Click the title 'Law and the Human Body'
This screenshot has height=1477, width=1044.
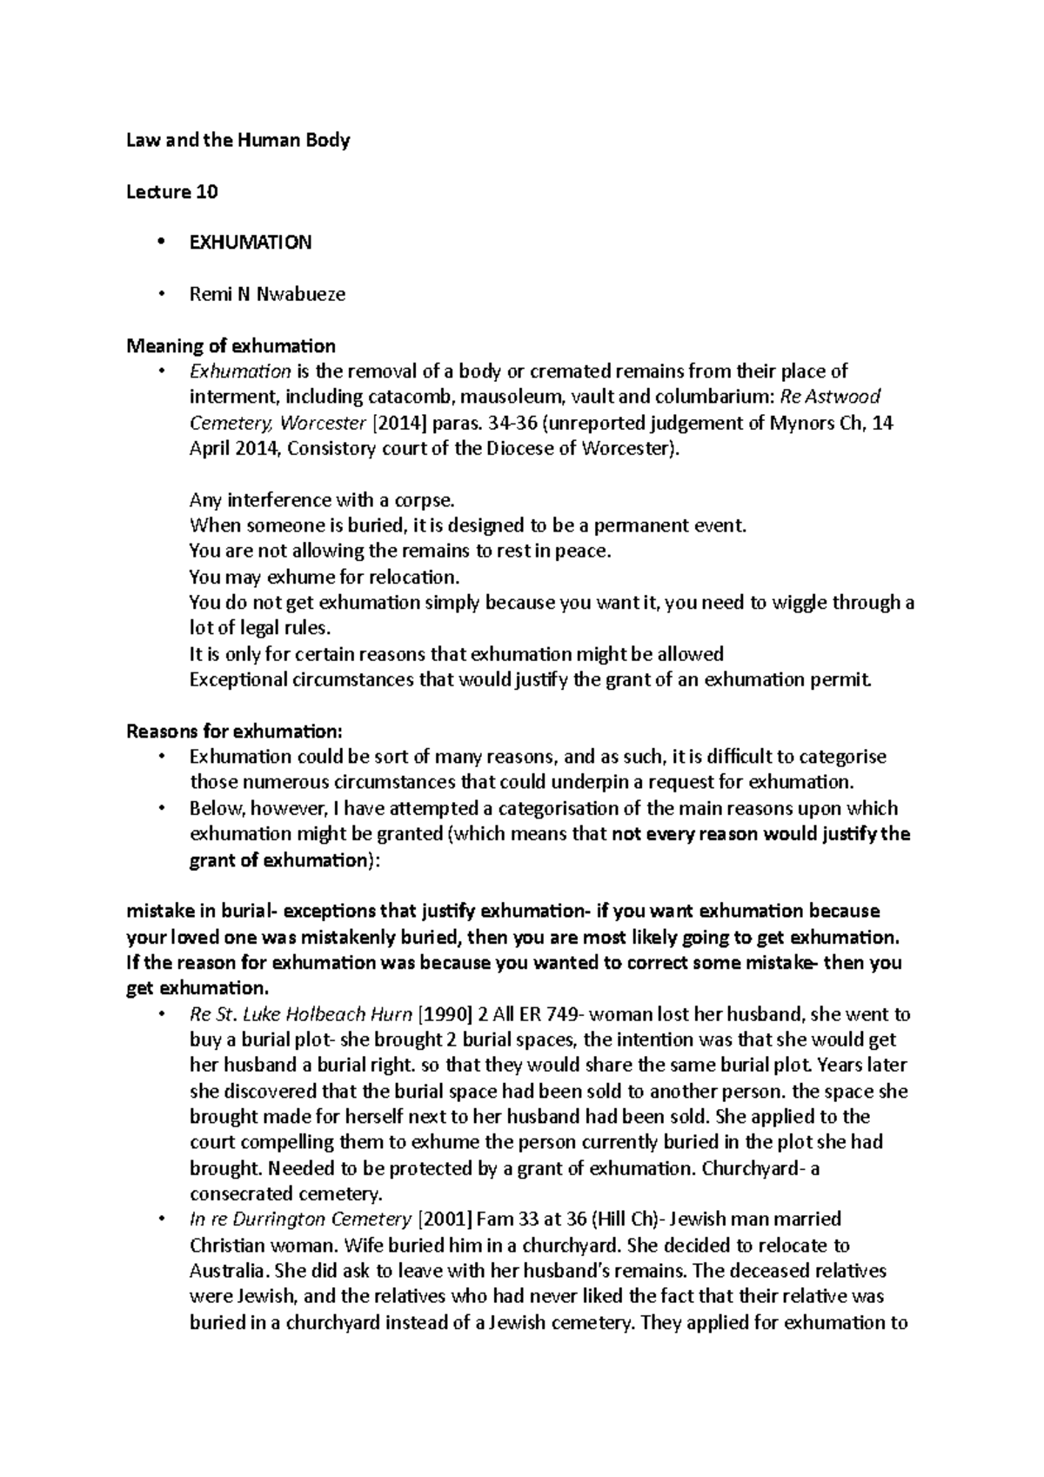pos(238,140)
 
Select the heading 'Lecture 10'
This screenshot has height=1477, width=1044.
pos(172,191)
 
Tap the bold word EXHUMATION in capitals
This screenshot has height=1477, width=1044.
pos(251,243)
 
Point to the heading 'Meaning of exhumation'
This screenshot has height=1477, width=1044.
pos(231,346)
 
